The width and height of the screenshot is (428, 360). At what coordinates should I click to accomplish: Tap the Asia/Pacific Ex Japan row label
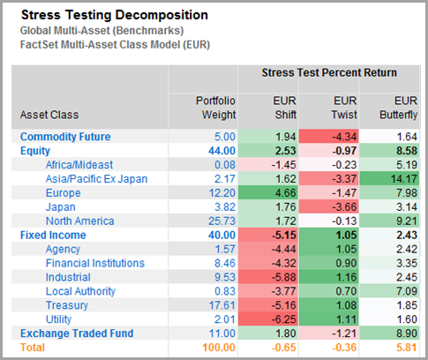click(x=86, y=178)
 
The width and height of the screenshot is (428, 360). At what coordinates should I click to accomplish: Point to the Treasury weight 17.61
click(x=223, y=304)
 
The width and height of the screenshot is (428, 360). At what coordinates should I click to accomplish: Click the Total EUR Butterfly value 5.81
click(x=403, y=347)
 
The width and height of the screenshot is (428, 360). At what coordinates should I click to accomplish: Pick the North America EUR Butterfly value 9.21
click(x=403, y=221)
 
